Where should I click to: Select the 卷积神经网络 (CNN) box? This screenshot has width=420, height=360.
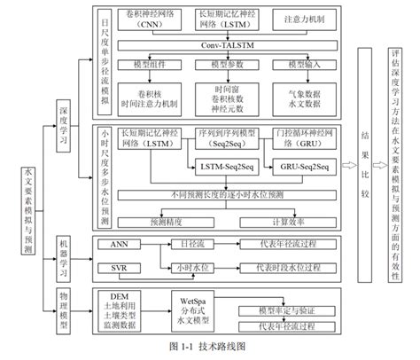(152, 20)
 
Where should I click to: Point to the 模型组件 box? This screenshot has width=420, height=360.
(153, 65)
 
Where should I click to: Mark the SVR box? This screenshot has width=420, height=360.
(119, 268)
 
